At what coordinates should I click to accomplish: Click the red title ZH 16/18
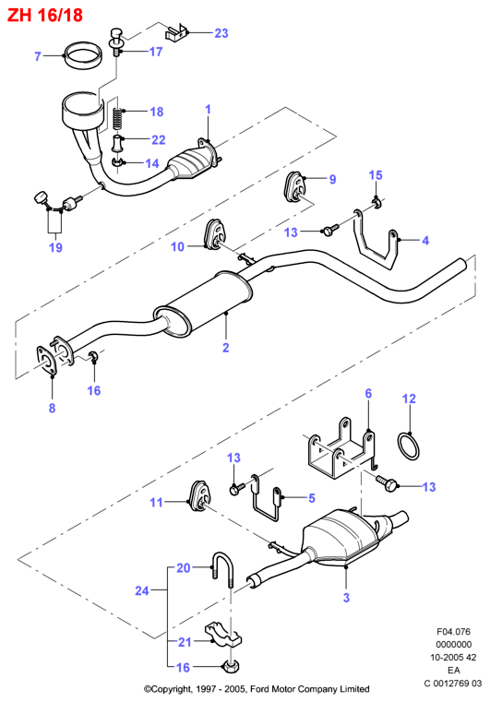click(45, 16)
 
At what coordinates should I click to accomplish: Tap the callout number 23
click(221, 33)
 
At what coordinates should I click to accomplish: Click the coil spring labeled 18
click(117, 119)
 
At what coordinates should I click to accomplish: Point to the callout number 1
click(208, 109)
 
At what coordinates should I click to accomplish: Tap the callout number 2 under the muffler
click(226, 348)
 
